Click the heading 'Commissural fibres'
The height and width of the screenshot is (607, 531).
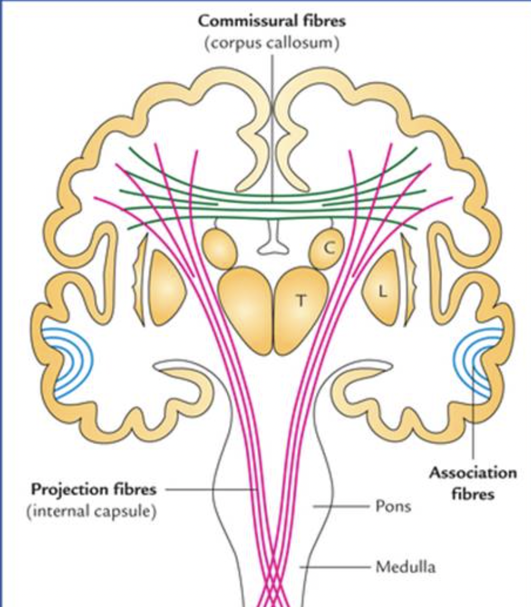[x=272, y=21]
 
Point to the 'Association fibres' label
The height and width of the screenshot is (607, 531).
[x=473, y=483]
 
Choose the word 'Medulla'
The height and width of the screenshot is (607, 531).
[x=405, y=567]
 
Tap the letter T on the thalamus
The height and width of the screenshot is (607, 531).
[x=301, y=301]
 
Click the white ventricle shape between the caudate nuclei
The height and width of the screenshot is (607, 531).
[x=273, y=240]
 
